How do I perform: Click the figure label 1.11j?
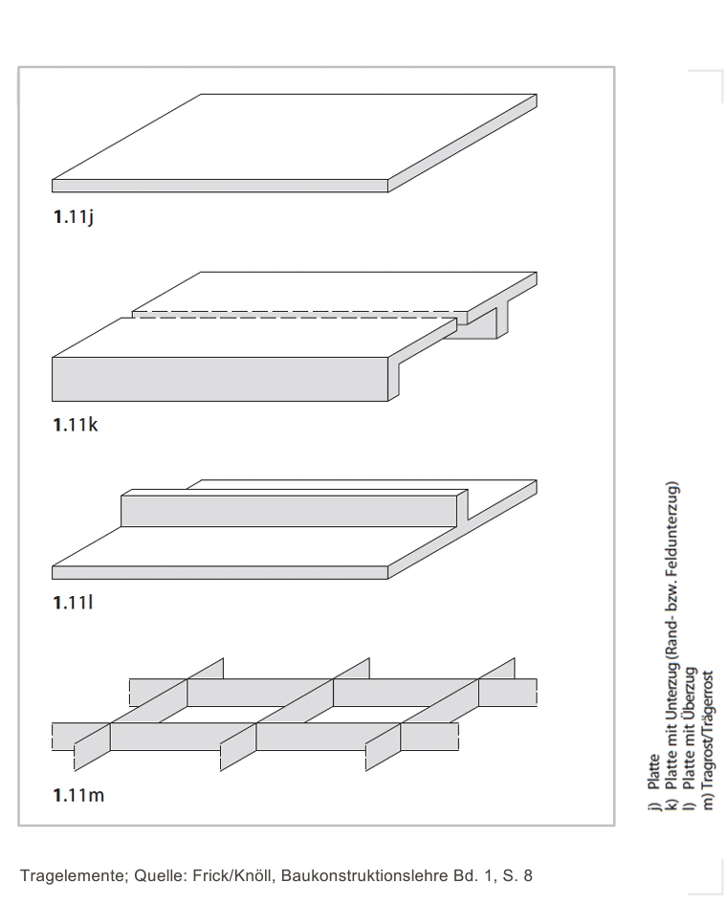(74, 217)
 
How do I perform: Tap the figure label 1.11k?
(76, 425)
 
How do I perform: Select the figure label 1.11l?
(73, 603)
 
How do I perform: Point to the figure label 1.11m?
(79, 795)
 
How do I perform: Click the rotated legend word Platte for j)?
(653, 772)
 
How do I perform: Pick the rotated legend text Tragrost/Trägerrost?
(709, 730)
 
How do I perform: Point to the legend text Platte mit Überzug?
(690, 728)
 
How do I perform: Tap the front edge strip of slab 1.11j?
(220, 186)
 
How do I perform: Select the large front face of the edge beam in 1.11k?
(220, 379)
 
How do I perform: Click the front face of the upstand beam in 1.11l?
(289, 511)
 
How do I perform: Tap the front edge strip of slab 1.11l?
(220, 572)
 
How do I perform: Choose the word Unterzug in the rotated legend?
(671, 691)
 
